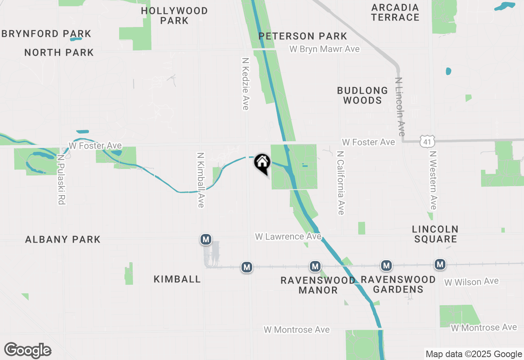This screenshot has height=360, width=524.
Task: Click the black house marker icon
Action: click(262, 163)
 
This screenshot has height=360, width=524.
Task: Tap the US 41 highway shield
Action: click(426, 142)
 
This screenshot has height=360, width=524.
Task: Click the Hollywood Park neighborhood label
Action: click(174, 16)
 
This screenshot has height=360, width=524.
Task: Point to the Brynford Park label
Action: click(46, 34)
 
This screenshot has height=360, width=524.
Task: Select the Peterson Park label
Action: click(303, 36)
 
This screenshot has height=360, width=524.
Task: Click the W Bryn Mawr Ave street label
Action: click(325, 49)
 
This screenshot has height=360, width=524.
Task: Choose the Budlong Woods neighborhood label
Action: click(363, 95)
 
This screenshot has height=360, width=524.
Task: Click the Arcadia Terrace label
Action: click(395, 12)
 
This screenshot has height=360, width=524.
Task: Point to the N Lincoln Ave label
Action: click(400, 107)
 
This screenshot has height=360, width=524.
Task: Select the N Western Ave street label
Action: click(433, 180)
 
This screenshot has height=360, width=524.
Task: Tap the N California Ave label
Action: click(340, 182)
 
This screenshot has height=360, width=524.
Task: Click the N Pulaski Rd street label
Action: click(62, 179)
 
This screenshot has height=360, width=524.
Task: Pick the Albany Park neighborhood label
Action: click(63, 239)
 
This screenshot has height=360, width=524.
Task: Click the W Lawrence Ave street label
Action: click(288, 236)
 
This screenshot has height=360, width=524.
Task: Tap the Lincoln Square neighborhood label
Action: click(435, 234)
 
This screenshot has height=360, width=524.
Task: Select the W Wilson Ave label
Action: click(472, 281)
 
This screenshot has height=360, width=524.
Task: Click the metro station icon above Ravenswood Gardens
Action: click(386, 266)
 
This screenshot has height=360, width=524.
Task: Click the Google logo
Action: click(27, 350)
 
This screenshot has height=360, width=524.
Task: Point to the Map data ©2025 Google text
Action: click(474, 354)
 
